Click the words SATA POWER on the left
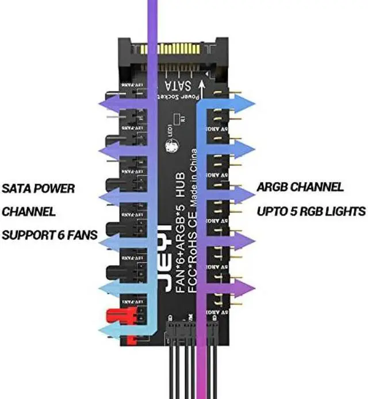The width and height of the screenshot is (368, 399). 39,188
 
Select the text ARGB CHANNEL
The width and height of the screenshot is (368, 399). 301,187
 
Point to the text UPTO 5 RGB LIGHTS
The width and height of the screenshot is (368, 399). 311,211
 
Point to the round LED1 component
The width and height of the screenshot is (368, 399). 171,147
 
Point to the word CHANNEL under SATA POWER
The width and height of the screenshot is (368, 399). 29,212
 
